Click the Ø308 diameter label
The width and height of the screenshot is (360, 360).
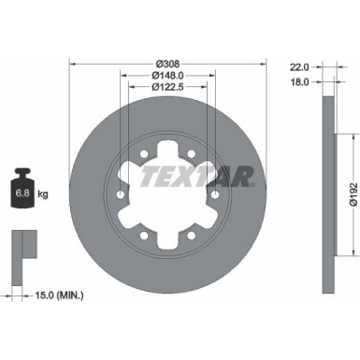click(168, 65)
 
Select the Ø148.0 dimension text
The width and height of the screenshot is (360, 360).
click(168, 76)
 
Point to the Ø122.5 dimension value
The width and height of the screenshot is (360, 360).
click(168, 87)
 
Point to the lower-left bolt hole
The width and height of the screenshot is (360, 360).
click(145, 232)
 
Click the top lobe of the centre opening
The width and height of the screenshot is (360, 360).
click(168, 150)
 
